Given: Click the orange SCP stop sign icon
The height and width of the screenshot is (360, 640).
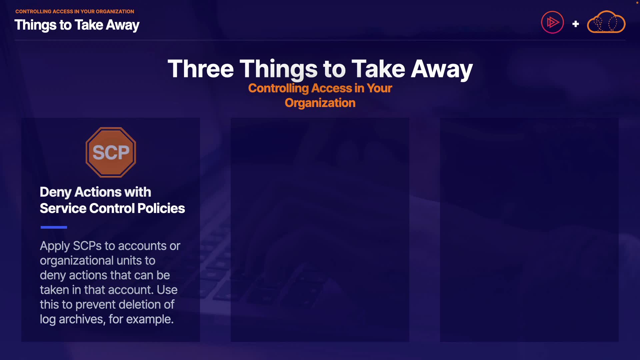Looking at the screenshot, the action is pos(111,152).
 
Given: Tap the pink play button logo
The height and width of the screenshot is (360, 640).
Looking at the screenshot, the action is pos(552,22).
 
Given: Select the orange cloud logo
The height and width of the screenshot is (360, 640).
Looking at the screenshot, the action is pos(606,22).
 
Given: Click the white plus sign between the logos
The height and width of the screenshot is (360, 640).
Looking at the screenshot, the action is pos(575,24).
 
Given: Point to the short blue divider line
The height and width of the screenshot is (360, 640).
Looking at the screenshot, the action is pos(54,227).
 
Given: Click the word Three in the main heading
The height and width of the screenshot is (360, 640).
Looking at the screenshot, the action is pos(201,69).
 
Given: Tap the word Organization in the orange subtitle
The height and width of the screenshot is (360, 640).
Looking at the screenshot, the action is pos(320,103).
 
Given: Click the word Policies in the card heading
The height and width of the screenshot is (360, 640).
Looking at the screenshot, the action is pos(161,208).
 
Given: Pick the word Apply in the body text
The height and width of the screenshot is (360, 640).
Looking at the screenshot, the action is pos(55,246).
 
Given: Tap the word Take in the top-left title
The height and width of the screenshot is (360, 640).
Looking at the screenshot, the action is pos(89,25).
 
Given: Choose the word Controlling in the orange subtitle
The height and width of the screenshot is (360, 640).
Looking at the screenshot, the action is pos(279,88).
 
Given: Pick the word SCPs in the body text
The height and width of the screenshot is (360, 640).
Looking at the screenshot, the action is pos(87,246).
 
